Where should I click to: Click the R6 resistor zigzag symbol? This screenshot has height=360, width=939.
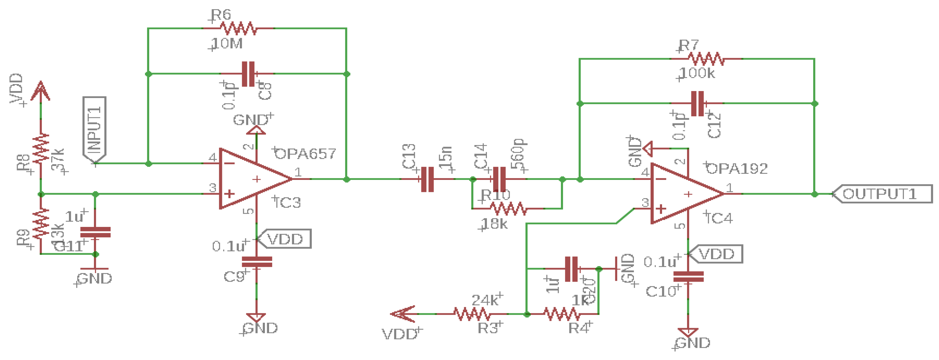point(238,28)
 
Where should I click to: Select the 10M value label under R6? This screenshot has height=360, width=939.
point(227,44)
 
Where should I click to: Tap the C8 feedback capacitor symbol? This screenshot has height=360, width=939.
point(248,74)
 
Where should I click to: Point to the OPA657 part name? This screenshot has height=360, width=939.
point(305,154)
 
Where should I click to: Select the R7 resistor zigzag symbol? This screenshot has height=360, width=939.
point(706,59)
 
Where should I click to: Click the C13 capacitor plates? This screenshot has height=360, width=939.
point(427,179)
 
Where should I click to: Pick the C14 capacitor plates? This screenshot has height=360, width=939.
point(499,179)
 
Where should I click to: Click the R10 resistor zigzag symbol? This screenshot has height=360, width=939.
point(508,209)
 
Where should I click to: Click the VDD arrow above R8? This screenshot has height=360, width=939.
point(40,91)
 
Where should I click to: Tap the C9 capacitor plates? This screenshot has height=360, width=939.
point(257,262)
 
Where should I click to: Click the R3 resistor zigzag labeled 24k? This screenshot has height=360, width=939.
point(472,314)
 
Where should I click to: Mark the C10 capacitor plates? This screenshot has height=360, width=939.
point(688,277)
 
